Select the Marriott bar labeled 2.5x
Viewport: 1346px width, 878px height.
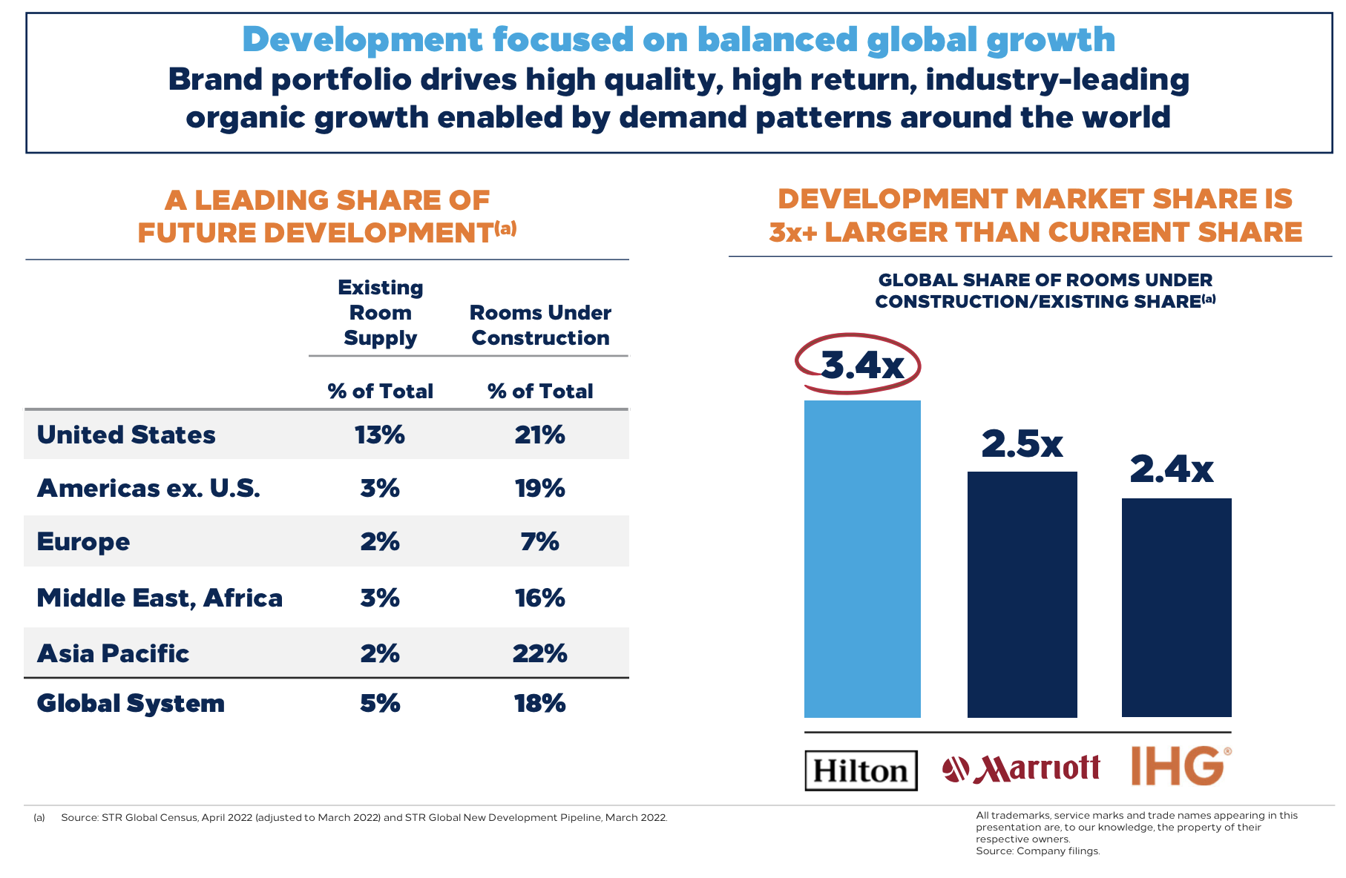point(1022,594)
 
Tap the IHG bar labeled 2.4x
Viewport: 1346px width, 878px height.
point(1176,607)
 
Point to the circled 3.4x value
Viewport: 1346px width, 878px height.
point(861,364)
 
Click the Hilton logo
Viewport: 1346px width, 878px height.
point(861,770)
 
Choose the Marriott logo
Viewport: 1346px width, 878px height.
point(1021,769)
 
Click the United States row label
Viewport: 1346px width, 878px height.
point(126,435)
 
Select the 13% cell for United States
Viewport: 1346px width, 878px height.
point(380,435)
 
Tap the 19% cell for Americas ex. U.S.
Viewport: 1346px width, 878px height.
point(540,488)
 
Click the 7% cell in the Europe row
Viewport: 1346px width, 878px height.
point(540,541)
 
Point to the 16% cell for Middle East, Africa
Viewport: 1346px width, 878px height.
point(540,598)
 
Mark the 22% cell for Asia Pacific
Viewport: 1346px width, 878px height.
point(540,653)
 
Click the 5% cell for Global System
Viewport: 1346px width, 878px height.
point(380,703)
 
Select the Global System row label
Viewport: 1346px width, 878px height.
point(131,703)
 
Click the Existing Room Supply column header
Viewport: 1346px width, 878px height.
point(380,313)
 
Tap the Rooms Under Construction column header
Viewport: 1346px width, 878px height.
point(540,325)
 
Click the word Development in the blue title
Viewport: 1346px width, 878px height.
point(362,39)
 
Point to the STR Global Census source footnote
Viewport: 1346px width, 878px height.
point(364,817)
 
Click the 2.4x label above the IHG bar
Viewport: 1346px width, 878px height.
point(1172,469)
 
